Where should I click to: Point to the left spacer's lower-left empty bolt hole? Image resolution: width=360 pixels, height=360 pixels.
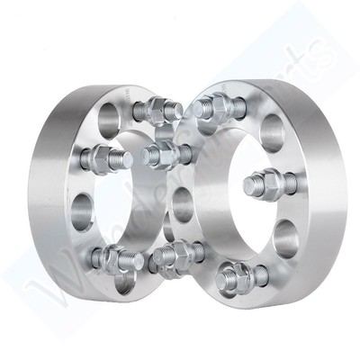coord(83,213)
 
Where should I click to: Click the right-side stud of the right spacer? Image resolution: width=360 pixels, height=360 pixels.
coord(263,184)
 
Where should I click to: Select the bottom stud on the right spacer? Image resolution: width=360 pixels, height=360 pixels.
coord(237,273)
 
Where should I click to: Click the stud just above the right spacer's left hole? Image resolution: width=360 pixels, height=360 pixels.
coord(163,154)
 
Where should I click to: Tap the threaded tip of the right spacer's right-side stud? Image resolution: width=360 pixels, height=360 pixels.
coord(248,186)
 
